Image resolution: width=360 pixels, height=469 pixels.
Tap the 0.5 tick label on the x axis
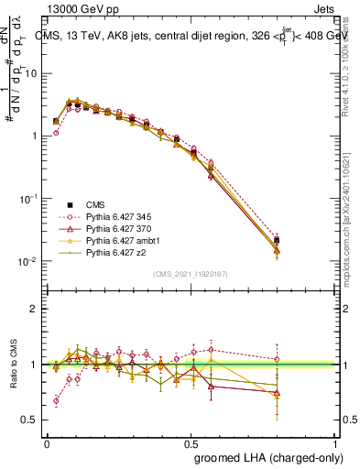point(191,443)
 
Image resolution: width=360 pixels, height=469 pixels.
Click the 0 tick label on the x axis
point(48,443)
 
